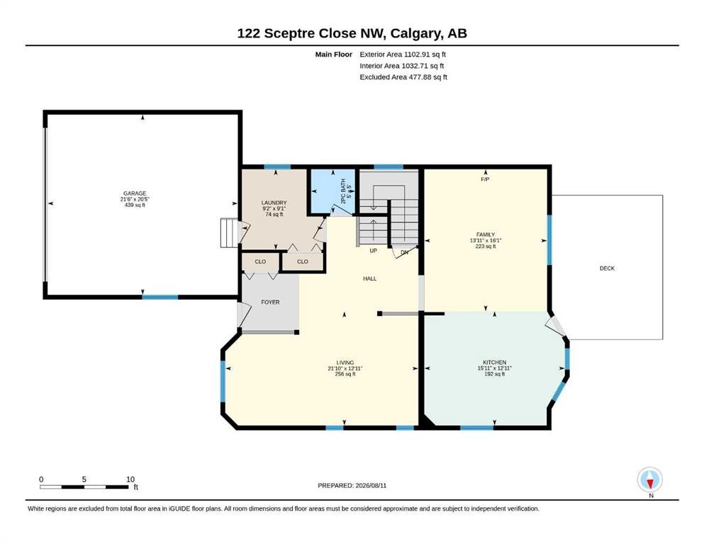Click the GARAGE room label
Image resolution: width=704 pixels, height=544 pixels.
(135, 194)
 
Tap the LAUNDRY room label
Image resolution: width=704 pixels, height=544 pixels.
(274, 203)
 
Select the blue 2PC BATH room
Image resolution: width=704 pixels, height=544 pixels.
(333, 191)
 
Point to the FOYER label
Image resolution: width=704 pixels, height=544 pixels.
(270, 302)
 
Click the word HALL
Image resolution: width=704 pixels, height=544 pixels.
(370, 278)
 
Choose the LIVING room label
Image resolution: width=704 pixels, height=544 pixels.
(345, 363)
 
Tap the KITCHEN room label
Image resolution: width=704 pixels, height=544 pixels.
(494, 363)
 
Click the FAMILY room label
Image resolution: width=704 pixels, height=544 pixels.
(486, 234)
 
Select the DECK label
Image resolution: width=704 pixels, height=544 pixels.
(607, 268)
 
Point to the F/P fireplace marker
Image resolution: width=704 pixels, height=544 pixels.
(485, 179)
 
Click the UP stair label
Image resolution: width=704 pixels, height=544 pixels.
(373, 251)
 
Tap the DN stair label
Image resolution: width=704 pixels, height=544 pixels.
(405, 252)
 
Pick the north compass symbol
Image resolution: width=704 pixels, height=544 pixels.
(650, 480)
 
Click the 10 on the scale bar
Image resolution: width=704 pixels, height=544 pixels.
(130, 479)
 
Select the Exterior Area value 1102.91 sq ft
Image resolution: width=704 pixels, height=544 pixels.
(425, 55)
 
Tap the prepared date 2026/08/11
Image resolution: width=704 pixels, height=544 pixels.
(371, 485)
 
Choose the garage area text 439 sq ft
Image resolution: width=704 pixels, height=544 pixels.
(135, 205)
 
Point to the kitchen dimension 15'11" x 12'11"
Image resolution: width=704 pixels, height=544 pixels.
(494, 368)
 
